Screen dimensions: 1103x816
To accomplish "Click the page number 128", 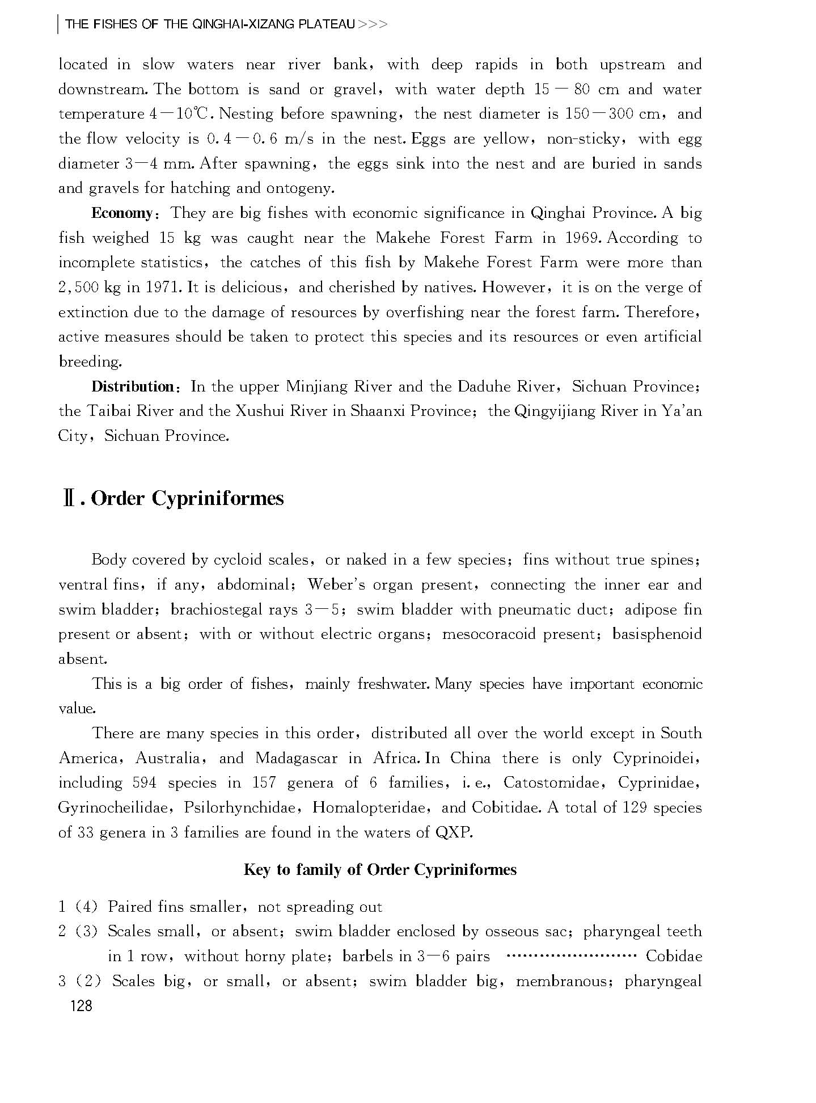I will click(80, 1006).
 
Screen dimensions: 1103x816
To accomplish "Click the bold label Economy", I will click(122, 213).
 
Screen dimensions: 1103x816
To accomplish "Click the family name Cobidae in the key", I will click(674, 956).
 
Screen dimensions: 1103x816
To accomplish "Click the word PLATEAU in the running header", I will click(326, 24).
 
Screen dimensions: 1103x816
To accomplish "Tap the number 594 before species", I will click(144, 783).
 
